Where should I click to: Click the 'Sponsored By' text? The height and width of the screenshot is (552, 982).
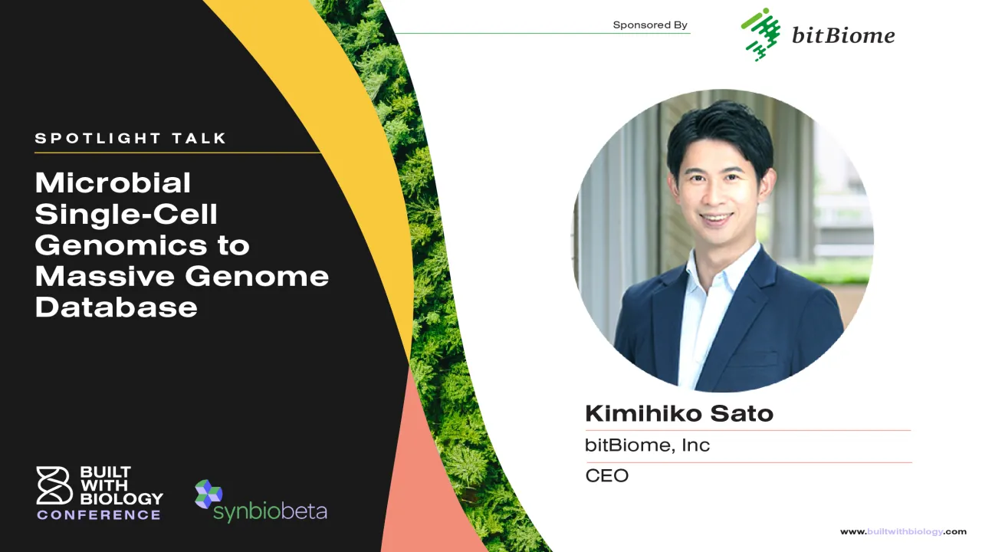(x=650, y=25)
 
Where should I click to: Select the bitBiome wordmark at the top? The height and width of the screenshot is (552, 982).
(x=842, y=35)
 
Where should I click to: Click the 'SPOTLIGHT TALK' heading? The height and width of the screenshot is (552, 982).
(x=131, y=139)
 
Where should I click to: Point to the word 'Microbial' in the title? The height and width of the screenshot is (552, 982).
(x=113, y=182)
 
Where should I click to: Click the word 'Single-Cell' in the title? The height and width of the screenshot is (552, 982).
(x=126, y=214)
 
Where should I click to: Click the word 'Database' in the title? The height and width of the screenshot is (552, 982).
(x=117, y=307)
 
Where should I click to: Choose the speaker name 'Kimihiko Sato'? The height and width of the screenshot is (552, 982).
(x=679, y=414)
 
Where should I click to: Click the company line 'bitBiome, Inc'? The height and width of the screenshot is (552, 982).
(x=647, y=445)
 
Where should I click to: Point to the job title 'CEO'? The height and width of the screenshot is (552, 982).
(x=606, y=476)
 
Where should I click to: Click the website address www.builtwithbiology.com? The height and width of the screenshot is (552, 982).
(x=903, y=531)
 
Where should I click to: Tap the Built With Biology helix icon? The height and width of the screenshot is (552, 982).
(x=54, y=485)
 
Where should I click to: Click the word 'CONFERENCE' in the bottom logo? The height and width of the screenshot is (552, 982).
(x=99, y=515)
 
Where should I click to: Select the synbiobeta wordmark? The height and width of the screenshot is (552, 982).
(x=270, y=512)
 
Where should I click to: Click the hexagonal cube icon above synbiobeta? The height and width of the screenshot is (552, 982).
(x=208, y=494)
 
